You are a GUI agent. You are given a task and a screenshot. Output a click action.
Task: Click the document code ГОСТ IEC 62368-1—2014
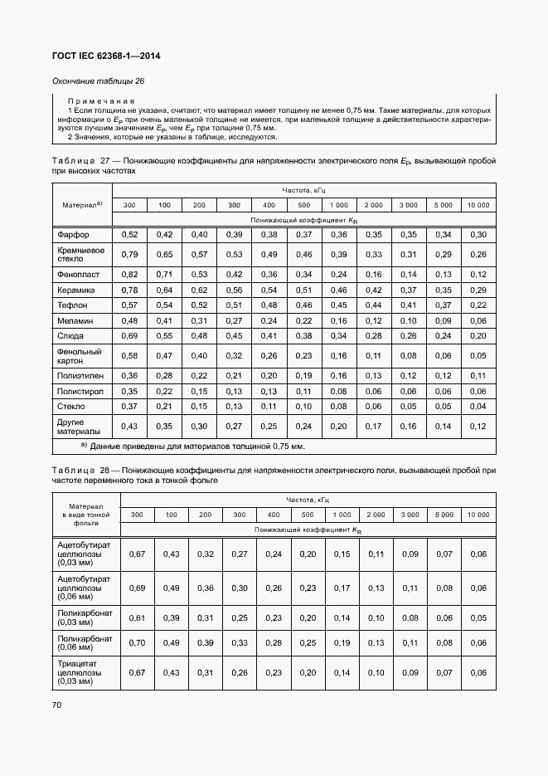[x=107, y=56]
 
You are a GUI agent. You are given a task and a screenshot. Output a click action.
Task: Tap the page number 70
[x=57, y=705]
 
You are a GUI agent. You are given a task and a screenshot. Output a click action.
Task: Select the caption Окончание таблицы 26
[x=99, y=81]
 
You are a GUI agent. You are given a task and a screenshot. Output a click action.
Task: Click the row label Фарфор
[x=73, y=236]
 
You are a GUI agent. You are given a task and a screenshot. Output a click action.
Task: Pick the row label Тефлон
[x=73, y=305]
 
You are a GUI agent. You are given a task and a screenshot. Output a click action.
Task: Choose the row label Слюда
[x=71, y=336]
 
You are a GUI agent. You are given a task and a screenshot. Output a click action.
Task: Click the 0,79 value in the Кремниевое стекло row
[x=129, y=254]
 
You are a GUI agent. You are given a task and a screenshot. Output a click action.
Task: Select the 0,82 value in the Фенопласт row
[x=129, y=274]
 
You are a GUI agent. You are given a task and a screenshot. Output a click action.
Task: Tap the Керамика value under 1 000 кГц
[x=338, y=290]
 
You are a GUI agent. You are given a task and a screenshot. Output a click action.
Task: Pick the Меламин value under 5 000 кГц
[x=443, y=320]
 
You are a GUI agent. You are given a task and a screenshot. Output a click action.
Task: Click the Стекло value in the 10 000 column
[x=478, y=407]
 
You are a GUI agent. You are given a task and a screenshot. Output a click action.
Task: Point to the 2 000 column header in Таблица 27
[x=373, y=204]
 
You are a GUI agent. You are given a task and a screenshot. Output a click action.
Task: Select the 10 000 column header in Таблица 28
[x=478, y=515]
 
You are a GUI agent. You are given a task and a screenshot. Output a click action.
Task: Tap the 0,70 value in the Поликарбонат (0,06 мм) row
[x=138, y=642]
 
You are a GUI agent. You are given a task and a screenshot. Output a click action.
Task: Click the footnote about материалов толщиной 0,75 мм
[x=192, y=447]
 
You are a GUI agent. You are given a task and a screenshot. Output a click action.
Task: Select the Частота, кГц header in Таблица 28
[x=308, y=500]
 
